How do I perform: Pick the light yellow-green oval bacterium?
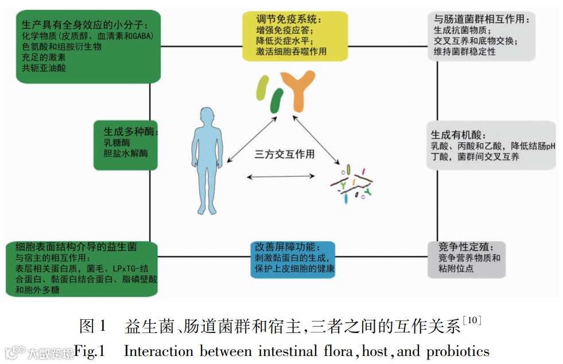(x=263, y=88)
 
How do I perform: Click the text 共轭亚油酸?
(x=44, y=68)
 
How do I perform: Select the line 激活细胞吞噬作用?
(x=291, y=51)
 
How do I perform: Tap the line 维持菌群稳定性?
(x=464, y=52)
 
